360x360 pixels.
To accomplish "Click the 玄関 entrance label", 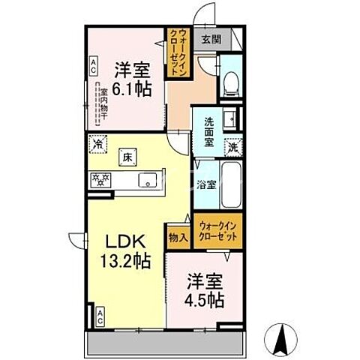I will [x=211, y=39].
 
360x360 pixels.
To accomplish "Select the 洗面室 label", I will [x=206, y=133].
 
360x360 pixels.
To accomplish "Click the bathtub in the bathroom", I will [x=230, y=183].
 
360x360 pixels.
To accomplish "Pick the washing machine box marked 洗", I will [x=234, y=147].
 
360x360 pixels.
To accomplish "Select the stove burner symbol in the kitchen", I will [x=101, y=180].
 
